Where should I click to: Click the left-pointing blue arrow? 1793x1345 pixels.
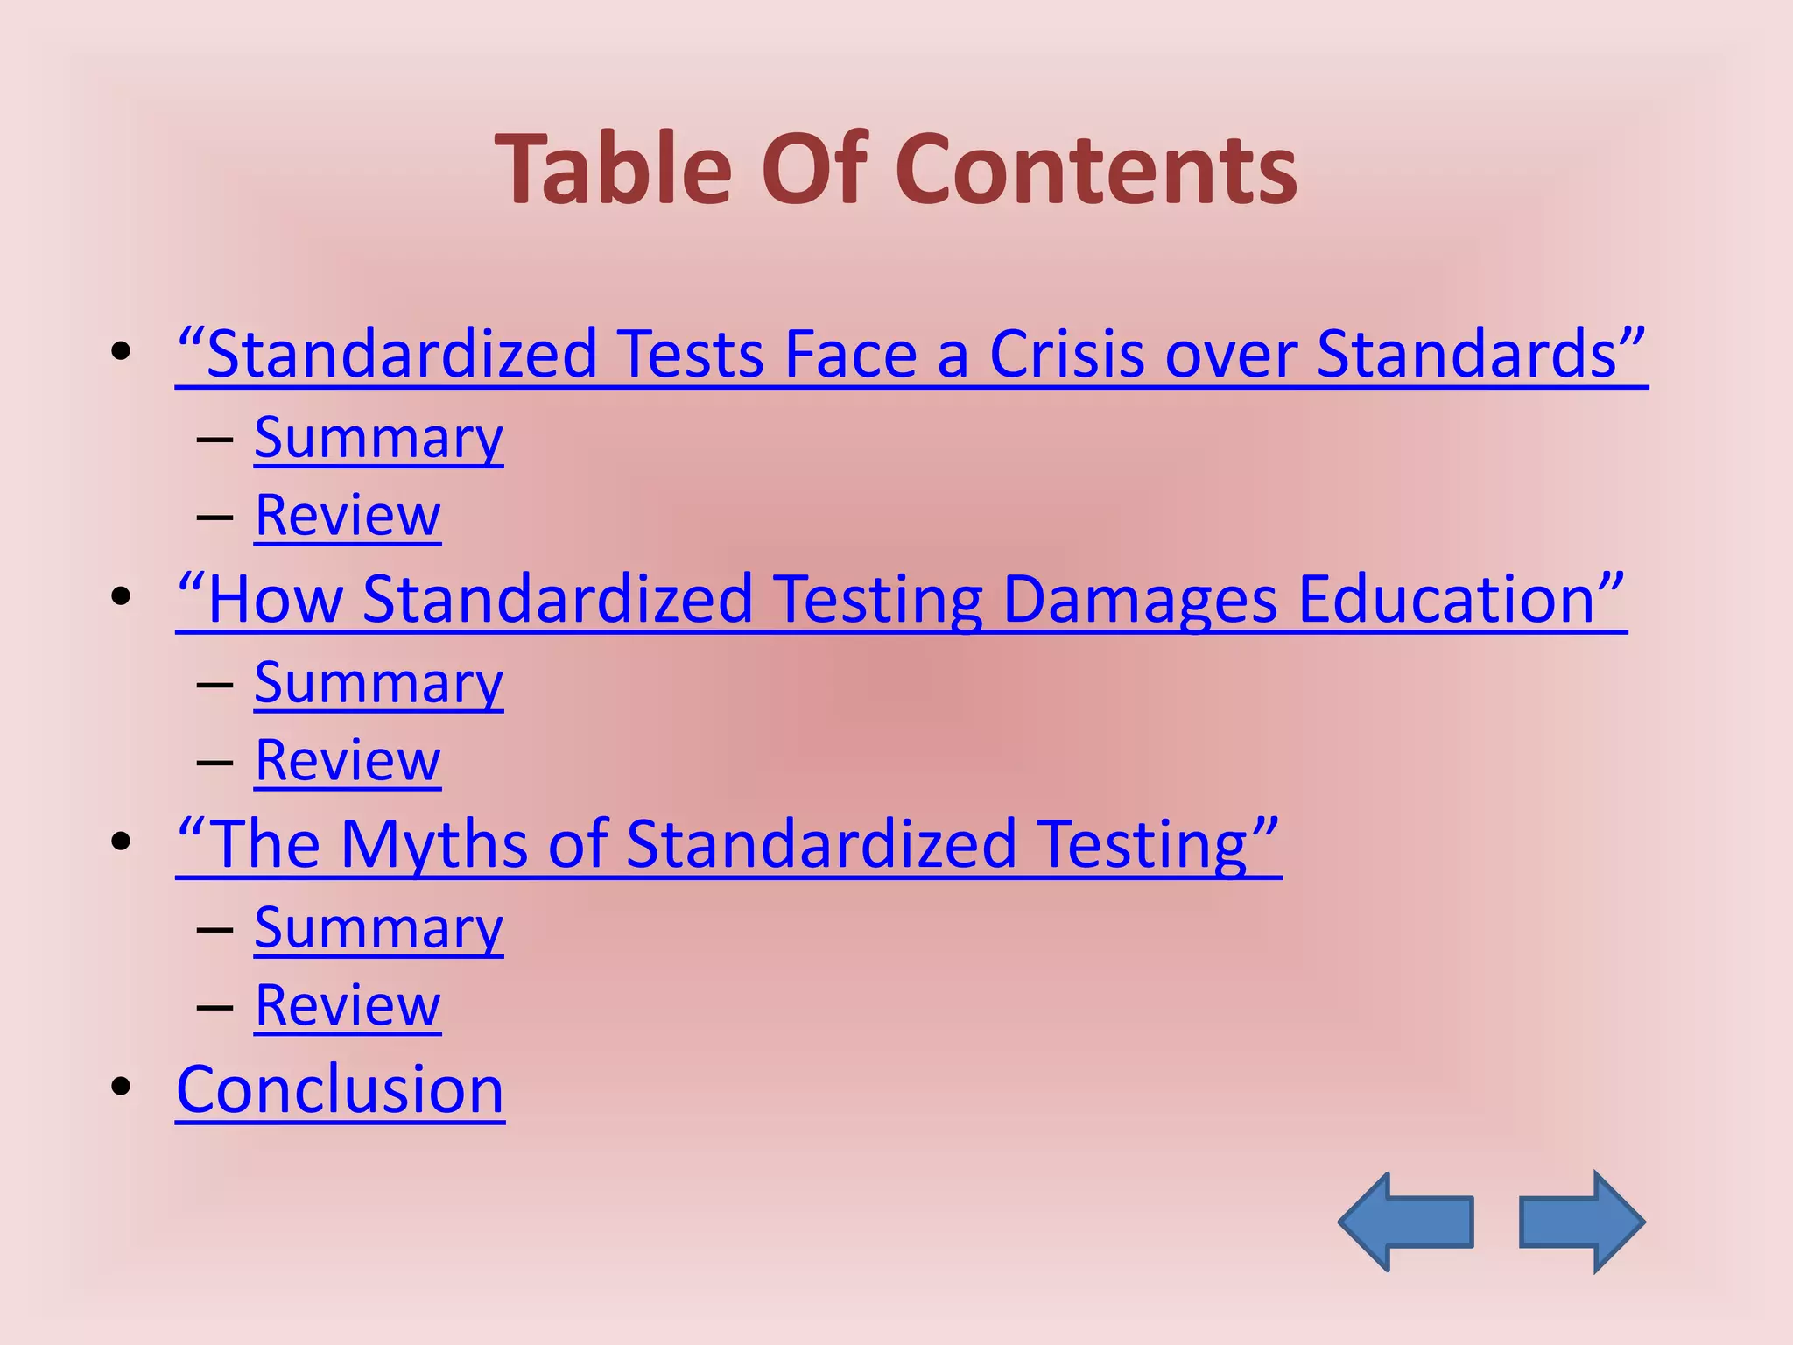1404,1222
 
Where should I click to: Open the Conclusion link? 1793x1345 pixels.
340,1089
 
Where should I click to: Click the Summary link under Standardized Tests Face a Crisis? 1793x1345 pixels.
378,437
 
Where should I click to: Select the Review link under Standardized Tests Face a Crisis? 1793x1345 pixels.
348,515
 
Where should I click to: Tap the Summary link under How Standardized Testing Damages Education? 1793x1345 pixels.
378,682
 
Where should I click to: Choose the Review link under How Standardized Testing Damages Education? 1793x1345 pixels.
348,760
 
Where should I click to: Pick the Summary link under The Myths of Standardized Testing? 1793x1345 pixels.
378,927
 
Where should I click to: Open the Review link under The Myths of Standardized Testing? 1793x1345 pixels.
348,1005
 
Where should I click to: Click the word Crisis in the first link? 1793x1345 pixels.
1066,355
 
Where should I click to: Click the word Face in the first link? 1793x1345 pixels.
850,355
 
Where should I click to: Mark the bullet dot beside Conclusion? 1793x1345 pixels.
121,1087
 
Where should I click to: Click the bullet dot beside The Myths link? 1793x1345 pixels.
121,842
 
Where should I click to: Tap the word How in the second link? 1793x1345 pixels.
275,600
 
